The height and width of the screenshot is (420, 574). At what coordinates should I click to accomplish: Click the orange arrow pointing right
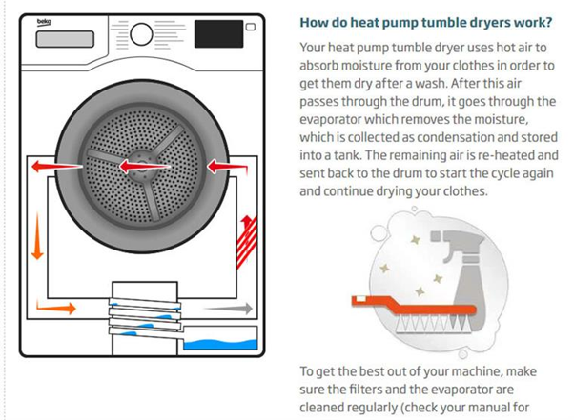click(x=62, y=308)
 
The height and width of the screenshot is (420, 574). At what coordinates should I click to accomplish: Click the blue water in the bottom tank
click(x=220, y=341)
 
